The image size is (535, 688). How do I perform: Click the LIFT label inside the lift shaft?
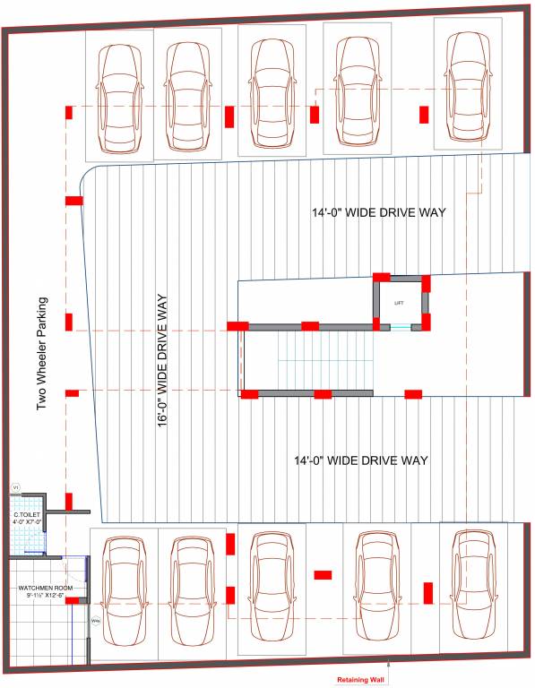(x=399, y=303)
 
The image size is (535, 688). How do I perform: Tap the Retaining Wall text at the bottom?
(x=359, y=680)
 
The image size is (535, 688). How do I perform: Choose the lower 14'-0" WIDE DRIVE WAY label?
(x=361, y=460)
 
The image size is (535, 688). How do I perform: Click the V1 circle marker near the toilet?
(x=15, y=488)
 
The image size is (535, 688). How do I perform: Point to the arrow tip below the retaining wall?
(x=387, y=664)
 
